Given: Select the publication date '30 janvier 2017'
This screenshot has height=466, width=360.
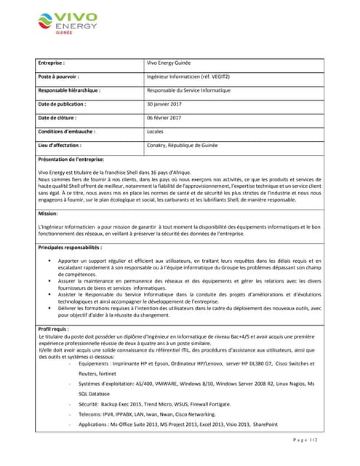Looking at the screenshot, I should click(x=164, y=104).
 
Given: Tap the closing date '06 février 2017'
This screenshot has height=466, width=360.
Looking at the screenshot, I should click(x=164, y=118).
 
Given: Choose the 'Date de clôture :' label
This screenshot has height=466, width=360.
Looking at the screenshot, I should click(x=57, y=118).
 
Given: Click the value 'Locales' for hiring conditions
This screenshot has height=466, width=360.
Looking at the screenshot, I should click(x=155, y=132).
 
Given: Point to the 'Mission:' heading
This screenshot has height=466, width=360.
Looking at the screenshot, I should click(x=47, y=213).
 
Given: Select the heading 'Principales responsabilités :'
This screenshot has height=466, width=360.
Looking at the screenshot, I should click(x=70, y=248).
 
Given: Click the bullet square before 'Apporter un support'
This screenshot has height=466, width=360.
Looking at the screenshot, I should click(x=49, y=261).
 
